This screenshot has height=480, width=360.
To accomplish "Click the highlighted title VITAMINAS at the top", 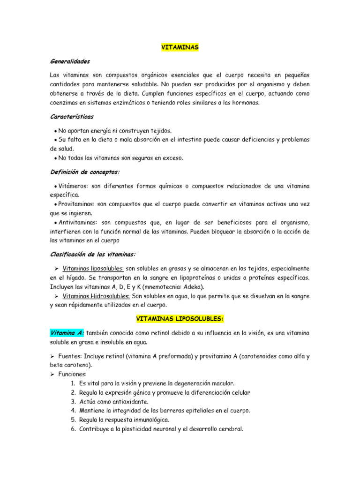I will click(180, 47).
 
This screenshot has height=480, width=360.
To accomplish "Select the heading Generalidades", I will click(70, 61).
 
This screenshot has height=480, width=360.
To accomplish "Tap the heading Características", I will click(72, 116).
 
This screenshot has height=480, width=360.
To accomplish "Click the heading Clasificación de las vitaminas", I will click(92, 254).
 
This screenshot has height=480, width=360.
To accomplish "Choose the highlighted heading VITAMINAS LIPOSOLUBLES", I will click(180, 319).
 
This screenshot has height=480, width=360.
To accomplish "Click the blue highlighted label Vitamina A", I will click(67, 333).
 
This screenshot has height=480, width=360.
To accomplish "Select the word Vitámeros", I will click(74, 186).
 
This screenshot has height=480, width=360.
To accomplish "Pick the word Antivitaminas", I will click(78, 223).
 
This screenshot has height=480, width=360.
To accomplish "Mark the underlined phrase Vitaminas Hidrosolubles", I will click(97, 296).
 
